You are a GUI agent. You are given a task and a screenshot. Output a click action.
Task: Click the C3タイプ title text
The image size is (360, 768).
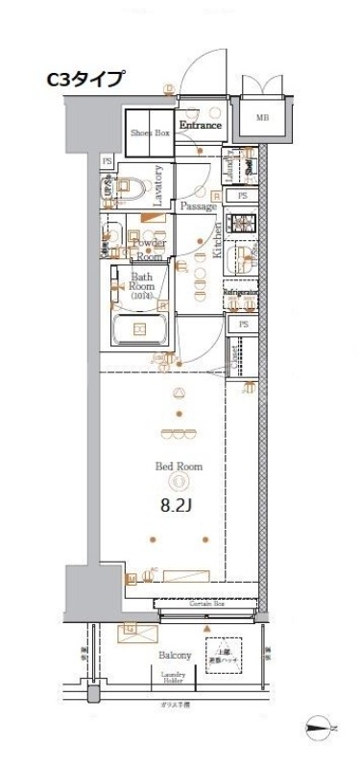(85, 80)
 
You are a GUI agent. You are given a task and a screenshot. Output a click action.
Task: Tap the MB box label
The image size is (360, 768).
(261, 119)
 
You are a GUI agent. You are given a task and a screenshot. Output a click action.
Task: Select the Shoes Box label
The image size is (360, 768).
(150, 133)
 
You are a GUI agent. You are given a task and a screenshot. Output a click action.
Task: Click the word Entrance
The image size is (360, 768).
(200, 126)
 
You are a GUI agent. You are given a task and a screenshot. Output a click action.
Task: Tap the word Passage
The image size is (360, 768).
(198, 206)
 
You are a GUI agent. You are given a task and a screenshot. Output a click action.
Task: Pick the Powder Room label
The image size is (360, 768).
(149, 250)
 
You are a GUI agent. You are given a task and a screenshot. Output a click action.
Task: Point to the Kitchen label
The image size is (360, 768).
(219, 242)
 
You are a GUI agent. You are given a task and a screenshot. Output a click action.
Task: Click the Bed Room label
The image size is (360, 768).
(177, 467)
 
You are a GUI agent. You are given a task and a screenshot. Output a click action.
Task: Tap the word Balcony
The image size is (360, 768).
(175, 655)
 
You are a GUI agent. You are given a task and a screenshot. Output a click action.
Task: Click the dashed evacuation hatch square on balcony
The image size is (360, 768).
(222, 657)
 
